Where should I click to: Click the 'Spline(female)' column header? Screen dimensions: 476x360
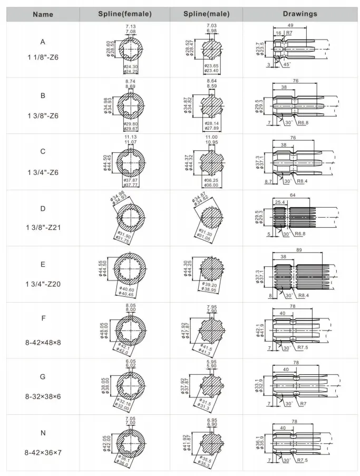click(x=125, y=14)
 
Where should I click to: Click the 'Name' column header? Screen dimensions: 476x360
click(x=43, y=14)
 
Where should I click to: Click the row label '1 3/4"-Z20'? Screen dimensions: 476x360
click(x=43, y=284)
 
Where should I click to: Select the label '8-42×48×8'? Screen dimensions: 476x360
click(x=43, y=342)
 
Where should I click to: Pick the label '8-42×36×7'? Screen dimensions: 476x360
click(x=43, y=453)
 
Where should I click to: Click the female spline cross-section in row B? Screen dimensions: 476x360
click(x=130, y=103)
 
